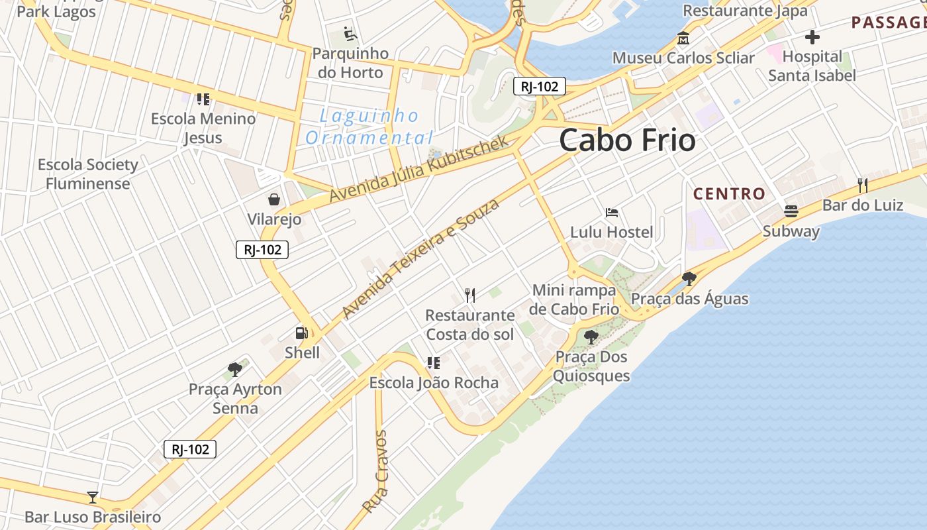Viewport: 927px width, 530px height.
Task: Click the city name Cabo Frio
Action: tap(627, 140)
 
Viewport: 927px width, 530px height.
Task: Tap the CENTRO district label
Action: tap(729, 194)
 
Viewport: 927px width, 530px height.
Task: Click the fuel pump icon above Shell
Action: tap(302, 333)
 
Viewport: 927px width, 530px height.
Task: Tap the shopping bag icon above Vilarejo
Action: tap(273, 199)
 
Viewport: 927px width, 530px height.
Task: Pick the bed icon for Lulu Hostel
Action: tap(612, 213)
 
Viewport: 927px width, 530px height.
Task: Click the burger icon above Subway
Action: tap(791, 211)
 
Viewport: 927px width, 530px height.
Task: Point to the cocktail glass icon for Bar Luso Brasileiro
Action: tap(93, 497)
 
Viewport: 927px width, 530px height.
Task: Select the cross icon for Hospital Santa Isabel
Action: tap(812, 37)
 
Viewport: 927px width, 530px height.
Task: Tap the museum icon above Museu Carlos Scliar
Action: tap(683, 38)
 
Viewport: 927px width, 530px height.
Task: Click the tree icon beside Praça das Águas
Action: tap(689, 278)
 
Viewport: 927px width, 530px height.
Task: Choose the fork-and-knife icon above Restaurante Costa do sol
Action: tap(470, 295)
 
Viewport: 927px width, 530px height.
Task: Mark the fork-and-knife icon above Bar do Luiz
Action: tap(862, 185)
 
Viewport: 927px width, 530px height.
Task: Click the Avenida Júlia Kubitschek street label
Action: tap(418, 169)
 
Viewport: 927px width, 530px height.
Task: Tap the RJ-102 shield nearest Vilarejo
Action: tap(262, 250)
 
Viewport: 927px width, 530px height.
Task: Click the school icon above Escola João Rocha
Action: tap(433, 362)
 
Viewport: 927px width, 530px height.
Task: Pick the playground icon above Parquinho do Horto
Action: tap(350, 33)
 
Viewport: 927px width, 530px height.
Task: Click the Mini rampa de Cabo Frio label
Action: tap(575, 299)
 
